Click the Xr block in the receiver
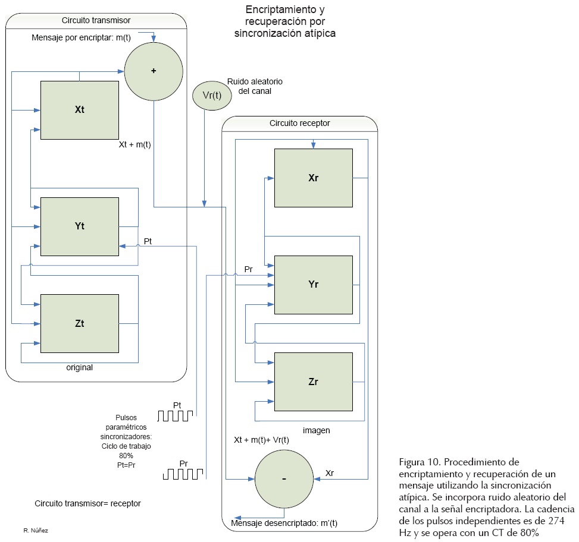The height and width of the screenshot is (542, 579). [x=313, y=178]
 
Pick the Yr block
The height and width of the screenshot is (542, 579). [x=313, y=284]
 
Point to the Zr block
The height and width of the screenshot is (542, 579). [x=313, y=382]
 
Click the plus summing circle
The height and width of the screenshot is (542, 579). [x=153, y=71]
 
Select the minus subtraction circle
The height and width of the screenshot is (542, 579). [x=284, y=479]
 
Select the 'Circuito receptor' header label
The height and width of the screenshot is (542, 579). [x=299, y=124]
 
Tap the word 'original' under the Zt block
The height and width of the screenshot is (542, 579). [x=79, y=367]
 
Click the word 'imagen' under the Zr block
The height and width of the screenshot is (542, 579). [x=316, y=430]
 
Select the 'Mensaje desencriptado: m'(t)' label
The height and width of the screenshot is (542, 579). [x=284, y=524]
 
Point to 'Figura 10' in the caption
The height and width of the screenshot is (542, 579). [x=420, y=462]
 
